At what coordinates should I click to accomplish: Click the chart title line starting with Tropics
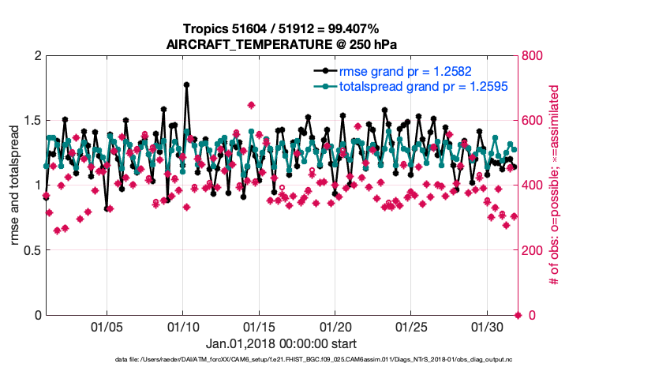(x=281, y=29)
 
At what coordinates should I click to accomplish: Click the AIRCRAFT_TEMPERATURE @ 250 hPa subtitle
(x=281, y=44)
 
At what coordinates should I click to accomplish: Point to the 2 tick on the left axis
(x=37, y=56)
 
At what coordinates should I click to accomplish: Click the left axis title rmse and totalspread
(x=15, y=185)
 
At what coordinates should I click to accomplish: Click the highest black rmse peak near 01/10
(x=186, y=84)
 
